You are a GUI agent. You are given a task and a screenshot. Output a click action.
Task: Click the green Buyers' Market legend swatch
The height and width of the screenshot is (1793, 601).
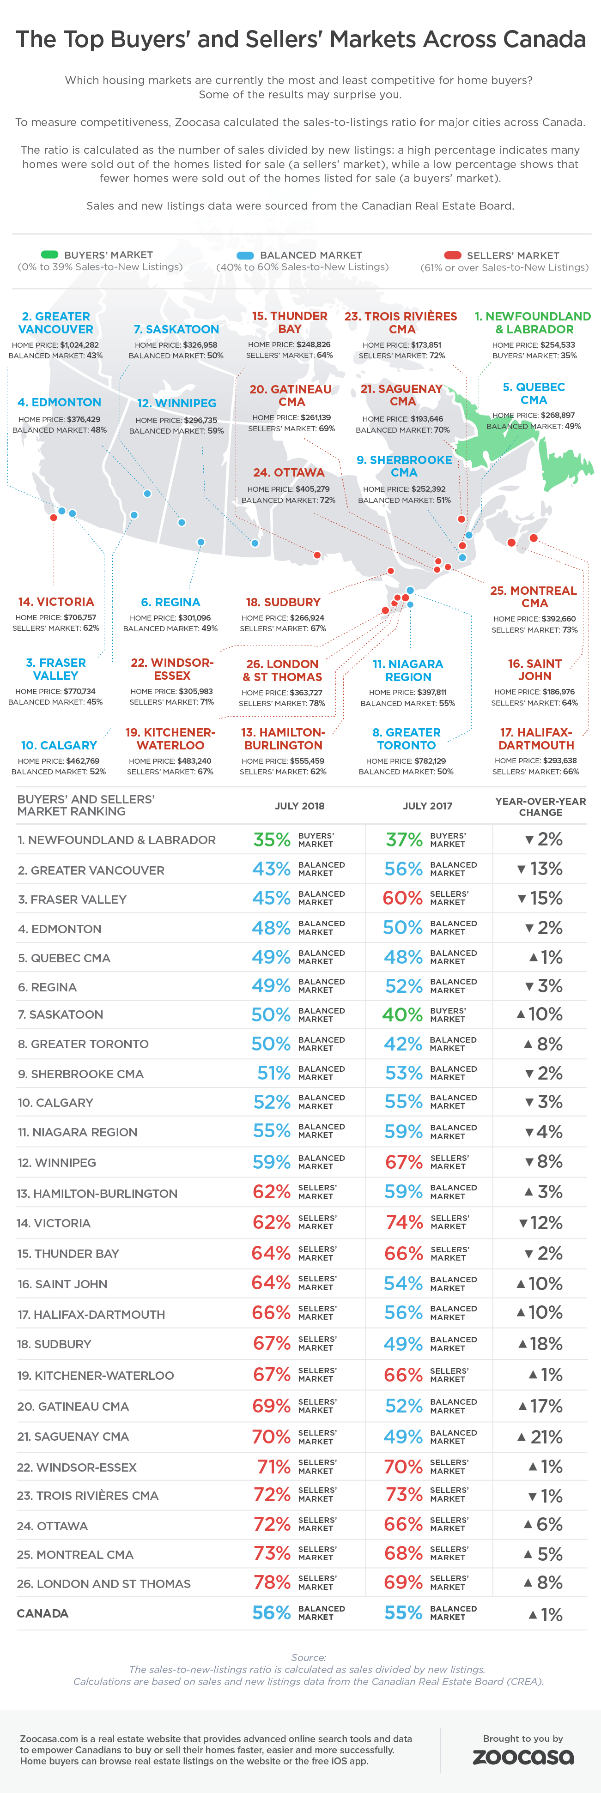[49, 255]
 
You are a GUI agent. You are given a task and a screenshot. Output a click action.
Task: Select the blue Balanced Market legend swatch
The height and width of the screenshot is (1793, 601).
[245, 255]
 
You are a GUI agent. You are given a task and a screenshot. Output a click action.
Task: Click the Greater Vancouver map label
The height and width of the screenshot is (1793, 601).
[56, 323]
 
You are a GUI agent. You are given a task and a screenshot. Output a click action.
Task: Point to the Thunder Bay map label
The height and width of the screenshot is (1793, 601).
[290, 322]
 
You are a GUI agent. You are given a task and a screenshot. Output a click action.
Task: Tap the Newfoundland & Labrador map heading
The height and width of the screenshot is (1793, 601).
[533, 323]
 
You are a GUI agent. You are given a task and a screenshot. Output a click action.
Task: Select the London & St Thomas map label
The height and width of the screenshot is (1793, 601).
[282, 670]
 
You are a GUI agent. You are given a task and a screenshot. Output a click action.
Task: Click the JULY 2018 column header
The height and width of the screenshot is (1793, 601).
[299, 806]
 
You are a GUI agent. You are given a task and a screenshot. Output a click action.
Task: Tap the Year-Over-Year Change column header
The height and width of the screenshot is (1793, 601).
[540, 807]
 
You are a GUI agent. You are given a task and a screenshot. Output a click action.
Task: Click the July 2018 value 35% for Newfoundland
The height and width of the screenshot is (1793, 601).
[272, 839]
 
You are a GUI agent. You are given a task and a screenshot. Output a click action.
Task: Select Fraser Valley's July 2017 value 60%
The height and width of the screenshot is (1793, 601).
[402, 899]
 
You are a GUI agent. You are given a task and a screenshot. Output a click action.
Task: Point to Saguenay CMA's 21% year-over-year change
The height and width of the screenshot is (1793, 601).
[540, 1437]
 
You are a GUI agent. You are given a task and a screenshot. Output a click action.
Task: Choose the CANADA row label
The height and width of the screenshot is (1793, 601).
[42, 1613]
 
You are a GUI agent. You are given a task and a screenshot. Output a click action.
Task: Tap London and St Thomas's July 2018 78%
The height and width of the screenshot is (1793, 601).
[272, 1583]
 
